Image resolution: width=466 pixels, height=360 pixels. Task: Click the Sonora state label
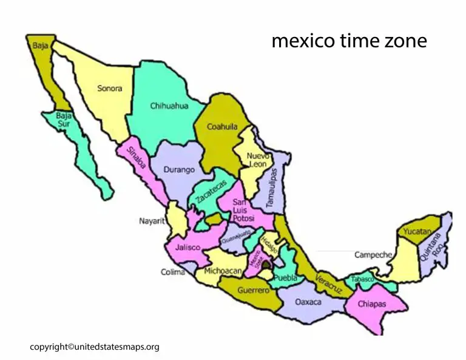pos(110,88)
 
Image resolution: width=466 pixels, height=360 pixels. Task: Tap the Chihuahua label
pos(169,106)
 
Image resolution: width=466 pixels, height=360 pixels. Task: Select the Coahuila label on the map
pos(222,127)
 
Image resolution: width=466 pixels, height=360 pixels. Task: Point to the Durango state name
pos(179,170)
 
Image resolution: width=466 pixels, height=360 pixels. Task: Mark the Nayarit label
pos(152,222)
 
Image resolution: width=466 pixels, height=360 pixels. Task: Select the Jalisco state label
pos(189,248)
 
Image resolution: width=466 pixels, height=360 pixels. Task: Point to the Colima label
pos(173,272)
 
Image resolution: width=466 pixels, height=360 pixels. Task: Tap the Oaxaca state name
pos(308,301)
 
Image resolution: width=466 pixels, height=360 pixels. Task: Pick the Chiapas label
pos(371,304)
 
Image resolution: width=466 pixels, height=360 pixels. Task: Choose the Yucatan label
pos(416,232)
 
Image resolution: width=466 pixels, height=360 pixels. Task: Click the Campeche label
pos(373,255)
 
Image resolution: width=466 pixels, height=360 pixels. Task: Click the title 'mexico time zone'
pos(349,41)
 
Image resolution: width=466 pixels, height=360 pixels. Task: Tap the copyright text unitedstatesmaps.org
pos(95,347)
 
